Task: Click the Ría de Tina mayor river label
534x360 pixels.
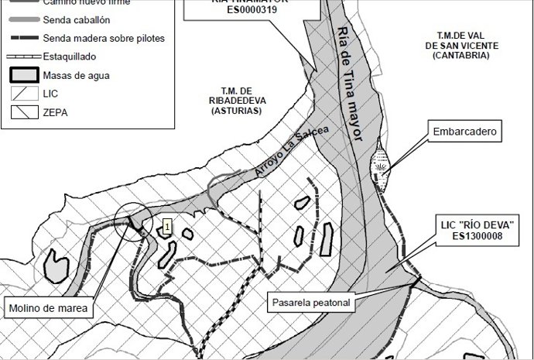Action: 350,83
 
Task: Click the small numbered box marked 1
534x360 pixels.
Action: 166,227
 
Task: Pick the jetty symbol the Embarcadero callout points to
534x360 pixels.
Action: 381,166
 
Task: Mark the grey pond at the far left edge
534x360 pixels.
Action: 57,267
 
